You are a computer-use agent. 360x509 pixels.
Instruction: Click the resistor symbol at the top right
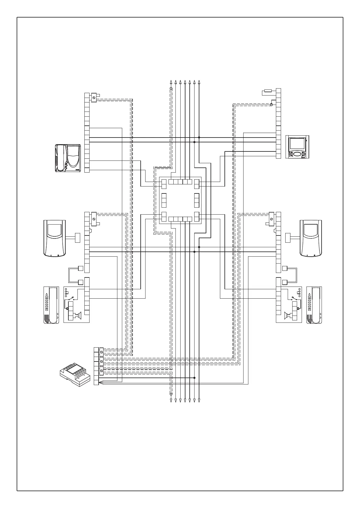tap(268, 90)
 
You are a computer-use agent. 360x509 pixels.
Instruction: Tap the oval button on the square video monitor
tap(297, 154)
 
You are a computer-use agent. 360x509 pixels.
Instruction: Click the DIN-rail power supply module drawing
tap(75, 375)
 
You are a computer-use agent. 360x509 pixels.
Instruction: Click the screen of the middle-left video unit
tap(55, 231)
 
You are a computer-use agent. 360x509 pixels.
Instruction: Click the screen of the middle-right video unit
tap(311, 231)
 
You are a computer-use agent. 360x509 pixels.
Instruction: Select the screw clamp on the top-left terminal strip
tap(94, 97)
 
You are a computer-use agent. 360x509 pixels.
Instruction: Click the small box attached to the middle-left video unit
tap(77, 238)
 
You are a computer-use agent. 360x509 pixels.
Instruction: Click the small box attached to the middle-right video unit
tap(288, 238)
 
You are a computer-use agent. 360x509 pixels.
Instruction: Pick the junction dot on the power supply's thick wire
tap(194, 378)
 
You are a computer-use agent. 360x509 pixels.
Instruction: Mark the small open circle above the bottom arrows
tap(171, 394)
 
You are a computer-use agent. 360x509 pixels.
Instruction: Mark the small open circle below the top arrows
tap(171, 89)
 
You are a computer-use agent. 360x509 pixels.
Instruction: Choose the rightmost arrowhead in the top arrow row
tap(199, 82)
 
